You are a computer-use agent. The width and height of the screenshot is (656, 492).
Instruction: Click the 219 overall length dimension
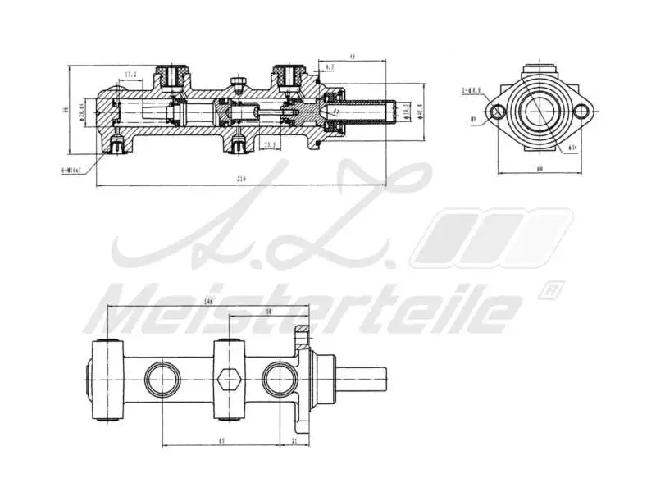pos(240,179)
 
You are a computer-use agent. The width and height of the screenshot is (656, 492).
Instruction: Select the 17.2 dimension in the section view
pos(130,75)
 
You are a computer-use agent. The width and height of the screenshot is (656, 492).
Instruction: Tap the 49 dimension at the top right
pos(351,57)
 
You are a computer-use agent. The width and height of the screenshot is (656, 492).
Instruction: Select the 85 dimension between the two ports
pos(222,442)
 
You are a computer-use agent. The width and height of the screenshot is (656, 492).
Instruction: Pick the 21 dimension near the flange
pos(294,442)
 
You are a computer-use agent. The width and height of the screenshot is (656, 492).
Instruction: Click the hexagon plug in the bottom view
pos(230,379)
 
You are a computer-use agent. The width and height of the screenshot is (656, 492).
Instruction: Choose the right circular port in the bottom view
pos(280,379)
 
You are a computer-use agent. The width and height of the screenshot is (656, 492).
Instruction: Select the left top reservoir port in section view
pos(171,77)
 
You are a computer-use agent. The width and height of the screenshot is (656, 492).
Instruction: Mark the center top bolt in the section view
pos(238,82)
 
